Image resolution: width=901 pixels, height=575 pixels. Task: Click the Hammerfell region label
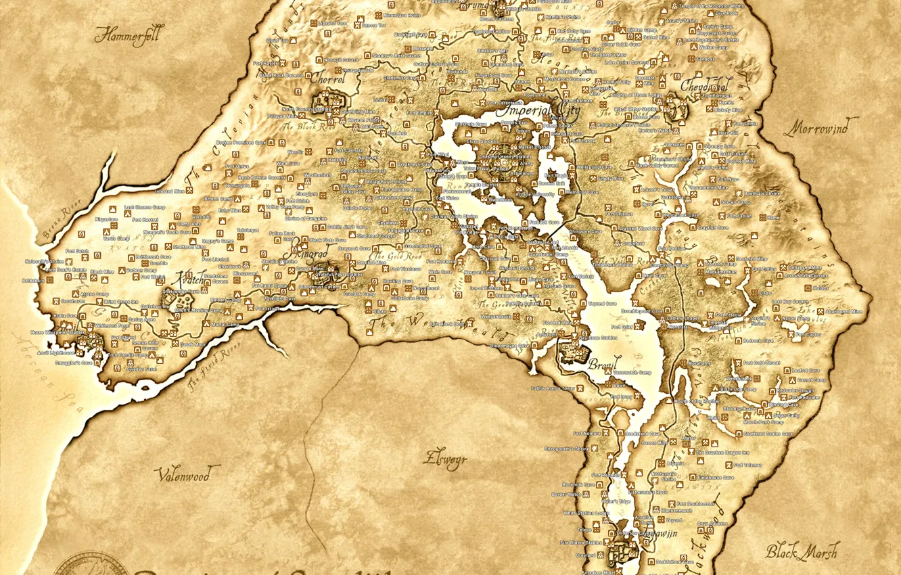point(129,35)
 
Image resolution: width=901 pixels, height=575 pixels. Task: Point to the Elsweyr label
point(445,459)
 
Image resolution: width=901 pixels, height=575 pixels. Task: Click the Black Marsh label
point(802,551)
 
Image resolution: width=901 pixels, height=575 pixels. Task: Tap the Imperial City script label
point(538,110)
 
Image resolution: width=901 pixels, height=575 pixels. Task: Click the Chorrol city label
point(328,78)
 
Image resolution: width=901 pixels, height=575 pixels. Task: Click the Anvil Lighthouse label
point(56,352)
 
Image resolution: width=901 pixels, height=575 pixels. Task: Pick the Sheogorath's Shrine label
point(567,448)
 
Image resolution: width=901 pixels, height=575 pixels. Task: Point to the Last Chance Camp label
point(145,208)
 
